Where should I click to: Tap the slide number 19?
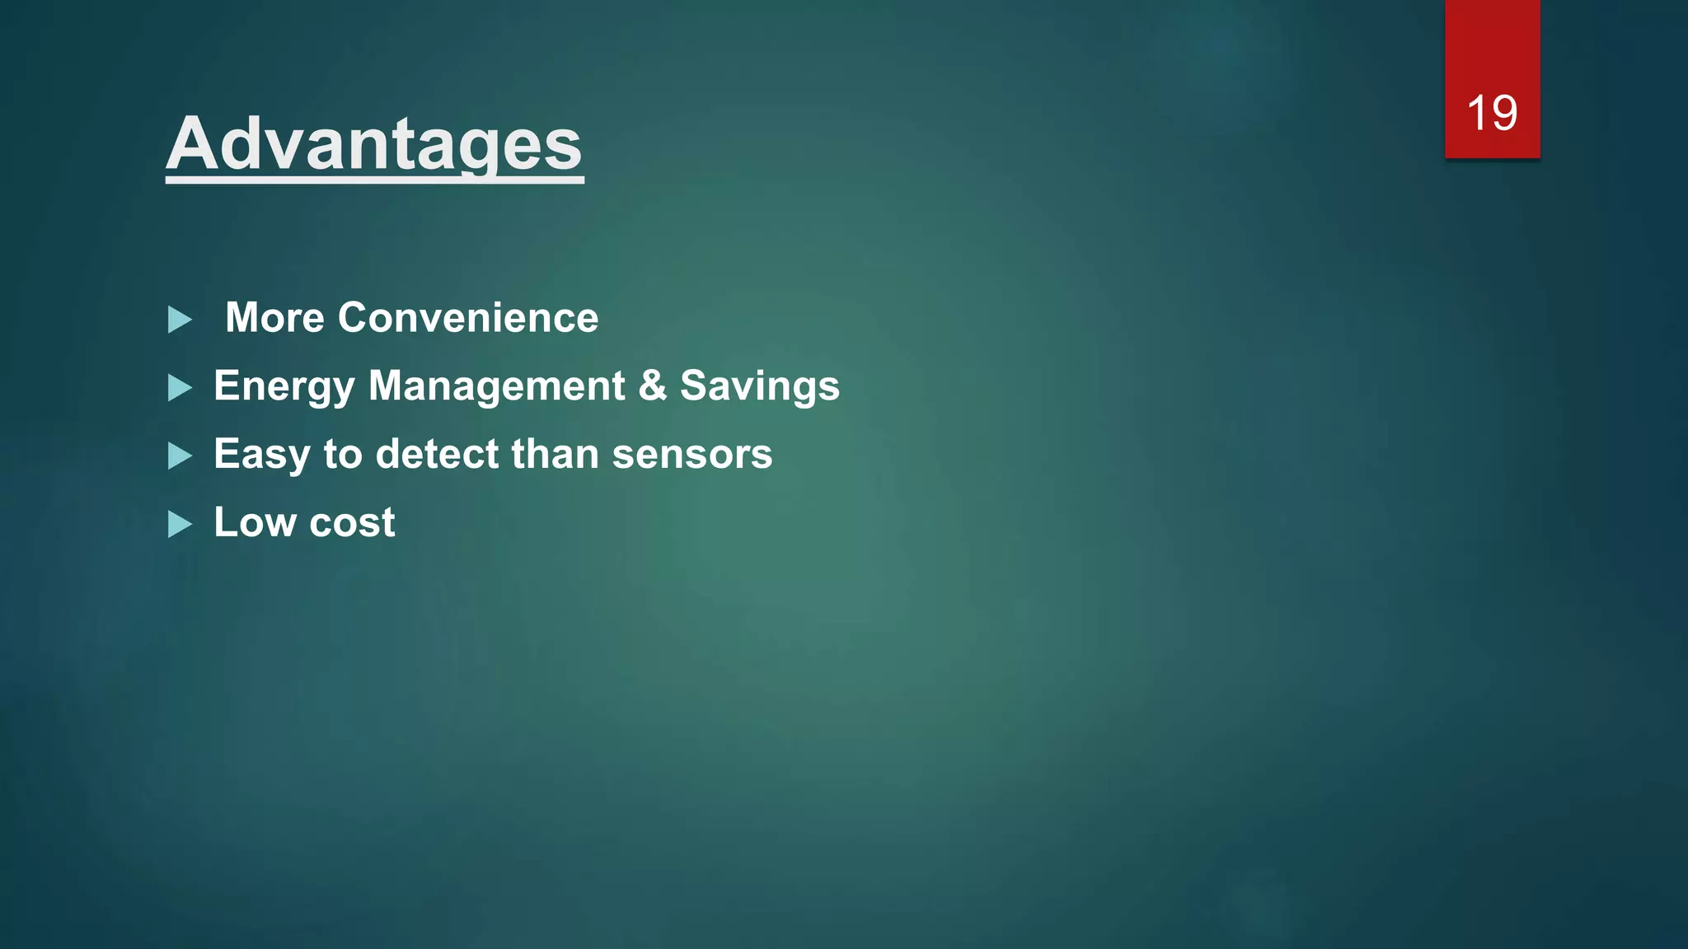click(x=1492, y=113)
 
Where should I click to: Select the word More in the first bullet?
click(x=275, y=318)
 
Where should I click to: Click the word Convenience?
click(x=467, y=318)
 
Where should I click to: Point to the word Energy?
click(x=284, y=386)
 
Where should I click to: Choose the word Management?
click(x=496, y=386)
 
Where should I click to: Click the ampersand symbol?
click(x=652, y=386)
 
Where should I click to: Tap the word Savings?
click(x=759, y=386)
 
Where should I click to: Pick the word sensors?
click(x=692, y=455)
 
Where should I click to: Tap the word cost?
click(x=352, y=523)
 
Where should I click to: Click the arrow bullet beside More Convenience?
click(x=180, y=320)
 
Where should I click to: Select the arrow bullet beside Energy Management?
click(x=180, y=388)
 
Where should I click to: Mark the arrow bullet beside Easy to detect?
click(x=180, y=456)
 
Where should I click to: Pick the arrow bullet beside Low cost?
click(x=180, y=525)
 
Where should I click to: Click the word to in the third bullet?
click(x=343, y=455)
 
